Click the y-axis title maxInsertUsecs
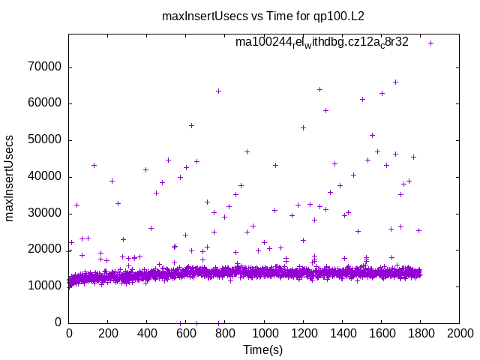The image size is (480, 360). click(10, 178)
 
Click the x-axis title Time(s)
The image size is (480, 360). click(263, 349)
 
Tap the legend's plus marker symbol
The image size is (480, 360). click(430, 43)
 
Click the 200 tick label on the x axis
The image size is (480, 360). click(108, 334)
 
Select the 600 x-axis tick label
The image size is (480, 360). click(186, 334)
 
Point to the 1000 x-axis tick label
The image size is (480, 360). click(264, 334)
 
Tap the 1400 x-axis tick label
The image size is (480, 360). click(342, 334)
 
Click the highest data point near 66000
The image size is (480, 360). click(395, 82)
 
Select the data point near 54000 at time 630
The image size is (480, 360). click(191, 125)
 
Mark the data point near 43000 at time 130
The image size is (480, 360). click(94, 165)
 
